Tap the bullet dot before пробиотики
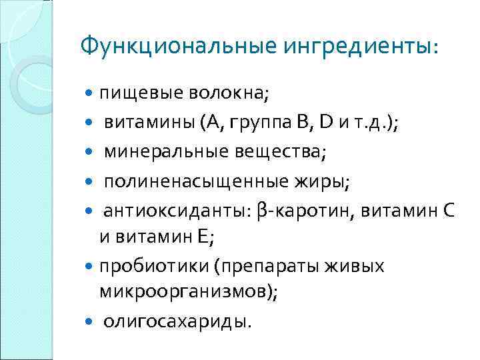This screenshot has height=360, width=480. [91, 266]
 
